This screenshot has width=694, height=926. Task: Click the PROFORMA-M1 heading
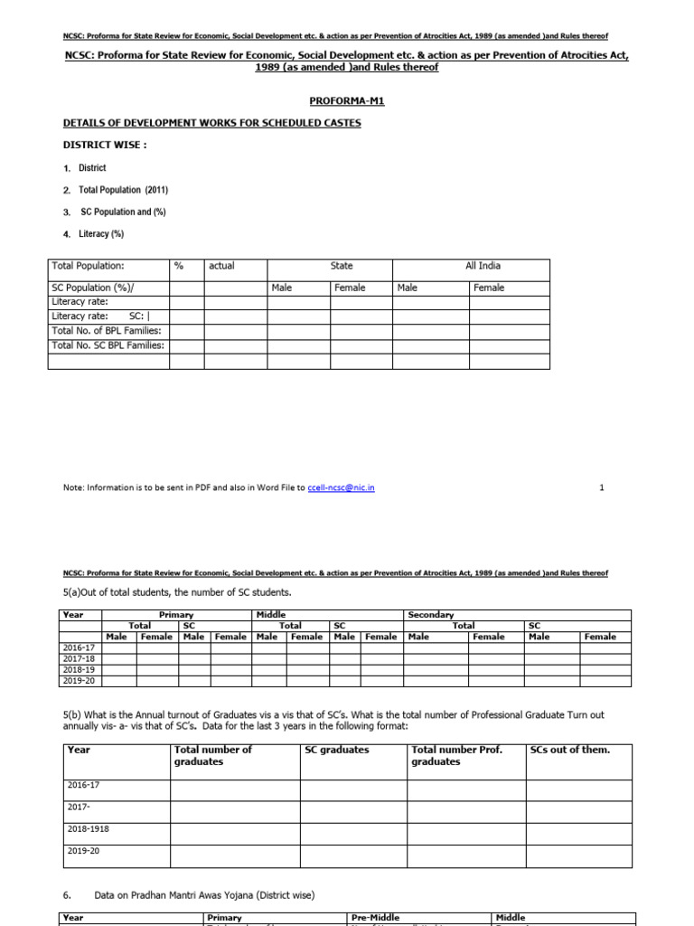pyautogui.click(x=346, y=104)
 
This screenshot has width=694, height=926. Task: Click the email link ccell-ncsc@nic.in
pyautogui.click(x=341, y=487)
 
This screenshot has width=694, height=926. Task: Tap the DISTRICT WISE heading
pyautogui.click(x=105, y=145)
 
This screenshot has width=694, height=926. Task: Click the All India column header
pyautogui.click(x=483, y=266)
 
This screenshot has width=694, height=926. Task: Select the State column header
pyautogui.click(x=342, y=266)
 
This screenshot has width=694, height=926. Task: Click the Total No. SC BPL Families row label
pyautogui.click(x=108, y=345)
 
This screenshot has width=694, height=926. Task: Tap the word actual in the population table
pyautogui.click(x=221, y=266)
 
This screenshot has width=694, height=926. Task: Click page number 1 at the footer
pyautogui.click(x=602, y=487)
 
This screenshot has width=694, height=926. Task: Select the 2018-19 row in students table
pyautogui.click(x=80, y=670)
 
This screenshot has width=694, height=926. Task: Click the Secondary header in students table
pyautogui.click(x=431, y=615)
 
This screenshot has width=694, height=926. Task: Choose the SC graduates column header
pyautogui.click(x=337, y=750)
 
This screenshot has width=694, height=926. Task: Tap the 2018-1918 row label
pyautogui.click(x=89, y=828)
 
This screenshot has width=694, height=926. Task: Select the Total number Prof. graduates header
pyautogui.click(x=456, y=755)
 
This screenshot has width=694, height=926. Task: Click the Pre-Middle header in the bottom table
pyautogui.click(x=375, y=918)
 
